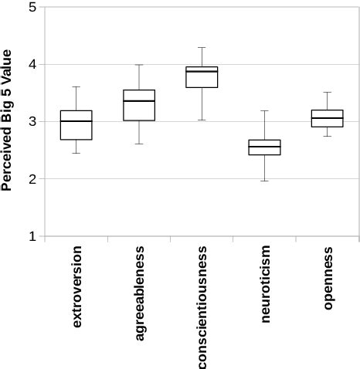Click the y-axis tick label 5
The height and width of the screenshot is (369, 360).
click(x=32, y=8)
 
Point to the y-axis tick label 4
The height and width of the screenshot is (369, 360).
click(x=32, y=65)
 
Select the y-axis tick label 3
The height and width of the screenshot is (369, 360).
click(x=32, y=122)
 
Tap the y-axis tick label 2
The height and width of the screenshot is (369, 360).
click(x=32, y=179)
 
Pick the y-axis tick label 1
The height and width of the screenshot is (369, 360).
click(x=32, y=236)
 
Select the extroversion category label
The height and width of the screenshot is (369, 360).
click(x=76, y=287)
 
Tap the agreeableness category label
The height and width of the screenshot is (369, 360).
click(x=139, y=293)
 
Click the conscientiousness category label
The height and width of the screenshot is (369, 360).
click(x=202, y=307)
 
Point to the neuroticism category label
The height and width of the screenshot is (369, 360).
click(x=265, y=283)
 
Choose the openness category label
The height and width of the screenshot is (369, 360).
click(x=328, y=278)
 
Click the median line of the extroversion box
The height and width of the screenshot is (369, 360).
click(x=76, y=121)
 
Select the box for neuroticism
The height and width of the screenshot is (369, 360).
click(x=265, y=147)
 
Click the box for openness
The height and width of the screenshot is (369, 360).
click(x=328, y=118)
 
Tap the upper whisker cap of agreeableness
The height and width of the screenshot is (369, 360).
click(x=139, y=65)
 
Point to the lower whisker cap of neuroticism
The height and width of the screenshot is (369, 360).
click(x=265, y=181)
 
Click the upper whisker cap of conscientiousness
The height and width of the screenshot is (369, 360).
click(x=202, y=48)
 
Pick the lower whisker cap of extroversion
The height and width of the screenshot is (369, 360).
click(x=76, y=153)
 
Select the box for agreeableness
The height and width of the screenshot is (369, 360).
click(x=139, y=106)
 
